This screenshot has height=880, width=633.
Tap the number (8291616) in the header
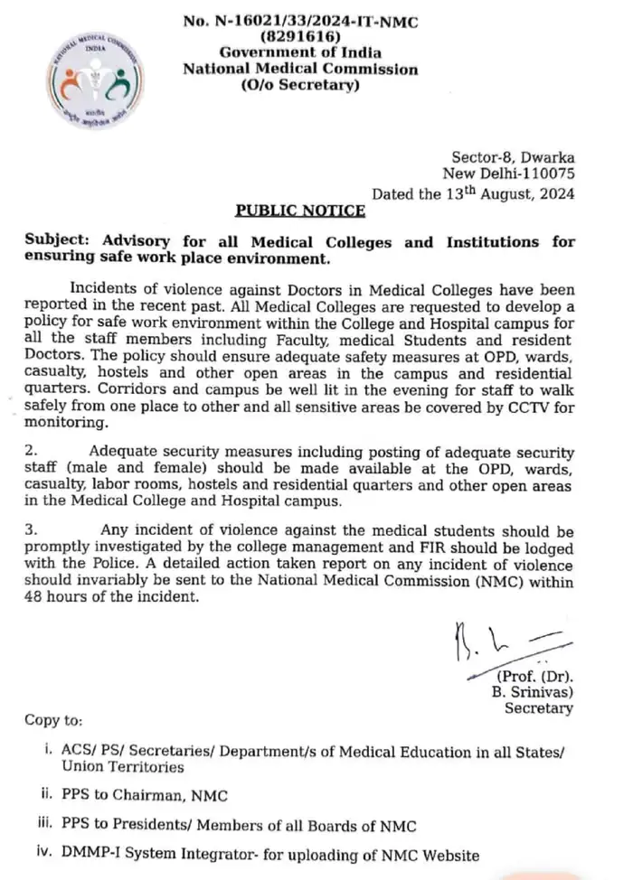[300, 37]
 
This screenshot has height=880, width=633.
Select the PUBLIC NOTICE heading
[300, 211]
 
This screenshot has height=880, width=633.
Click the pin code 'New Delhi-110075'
[508, 174]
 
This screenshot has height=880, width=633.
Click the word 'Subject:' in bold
[61, 242]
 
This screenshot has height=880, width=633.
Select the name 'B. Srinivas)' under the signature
[537, 692]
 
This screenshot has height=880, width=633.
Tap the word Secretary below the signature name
[539, 708]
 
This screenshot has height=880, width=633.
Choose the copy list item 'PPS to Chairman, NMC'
[144, 795]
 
